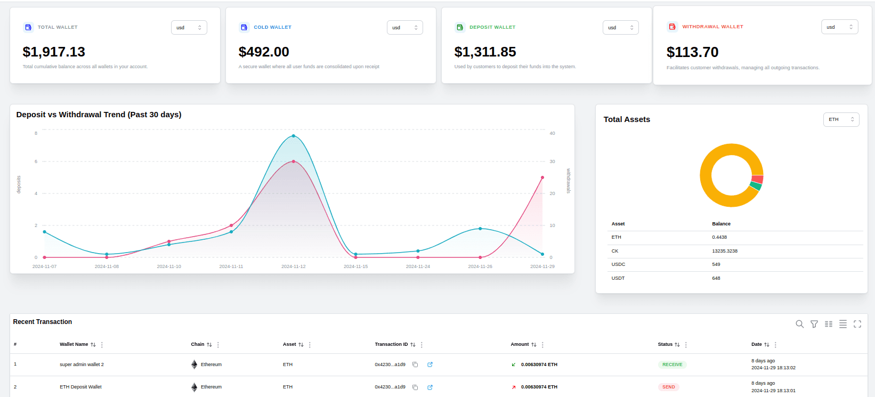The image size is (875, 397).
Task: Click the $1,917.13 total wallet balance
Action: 54,52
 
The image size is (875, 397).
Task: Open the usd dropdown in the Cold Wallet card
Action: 404,28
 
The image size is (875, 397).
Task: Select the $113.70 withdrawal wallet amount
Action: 692,52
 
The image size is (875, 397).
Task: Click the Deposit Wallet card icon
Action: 460,27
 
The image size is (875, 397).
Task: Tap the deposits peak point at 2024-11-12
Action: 294,136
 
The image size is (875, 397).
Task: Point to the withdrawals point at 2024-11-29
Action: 542,177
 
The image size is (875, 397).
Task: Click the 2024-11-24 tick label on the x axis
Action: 418,266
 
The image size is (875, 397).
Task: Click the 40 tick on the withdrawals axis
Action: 552,133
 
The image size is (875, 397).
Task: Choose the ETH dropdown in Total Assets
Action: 841,119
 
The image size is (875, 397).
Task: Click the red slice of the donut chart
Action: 757,180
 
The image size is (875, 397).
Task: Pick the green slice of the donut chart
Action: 755,187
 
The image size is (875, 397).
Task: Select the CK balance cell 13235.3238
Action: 725,251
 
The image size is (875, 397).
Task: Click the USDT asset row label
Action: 618,278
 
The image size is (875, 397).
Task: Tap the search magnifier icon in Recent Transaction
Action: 799,324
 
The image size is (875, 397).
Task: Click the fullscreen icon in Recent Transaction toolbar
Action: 857,324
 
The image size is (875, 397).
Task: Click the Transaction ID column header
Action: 391,344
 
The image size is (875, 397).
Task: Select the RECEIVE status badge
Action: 672,364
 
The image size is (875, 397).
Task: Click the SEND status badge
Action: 668,387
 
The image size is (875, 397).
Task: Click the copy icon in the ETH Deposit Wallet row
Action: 415,387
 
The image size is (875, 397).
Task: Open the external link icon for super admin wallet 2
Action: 430,364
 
